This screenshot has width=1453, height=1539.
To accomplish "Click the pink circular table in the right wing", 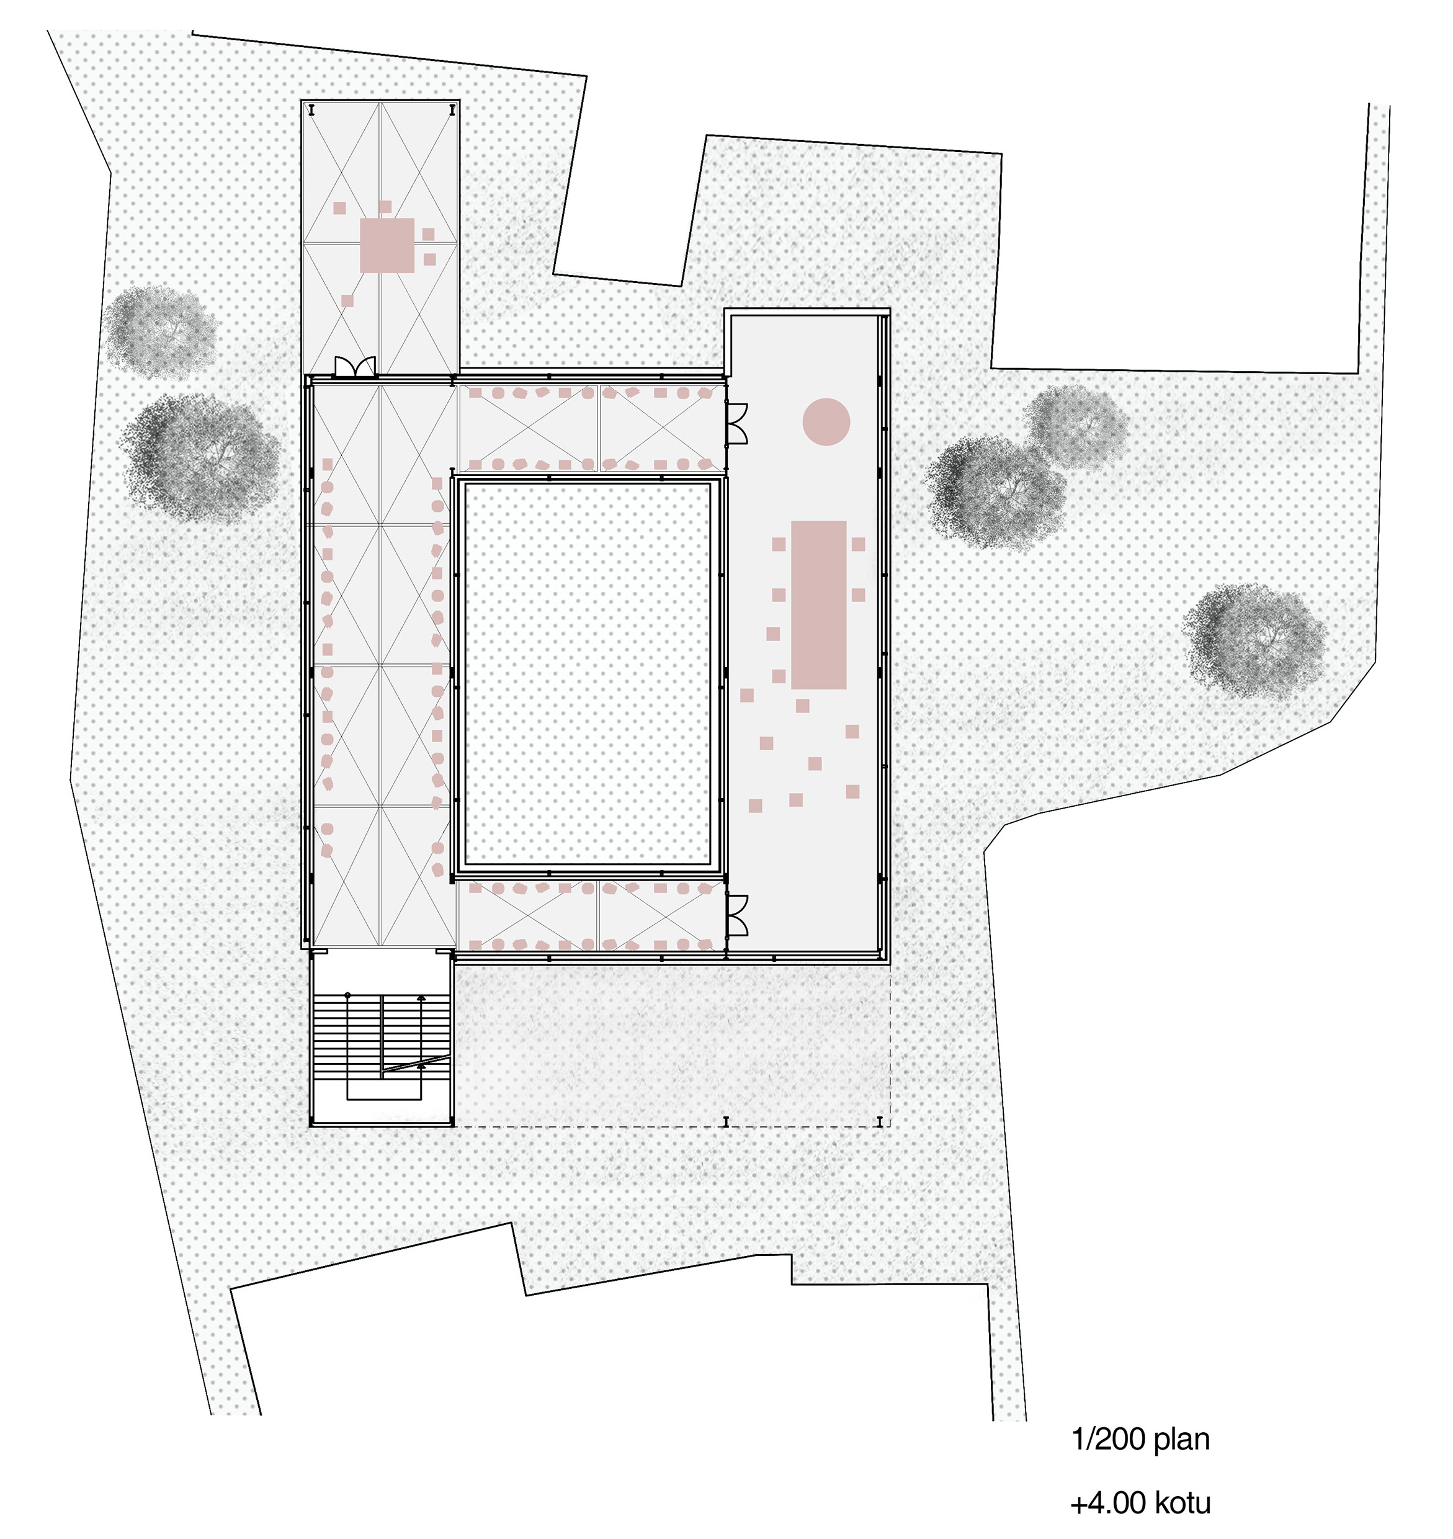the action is [x=826, y=421].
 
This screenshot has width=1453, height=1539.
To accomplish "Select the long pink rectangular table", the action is [x=819, y=605].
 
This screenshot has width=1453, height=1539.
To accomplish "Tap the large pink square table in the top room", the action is [x=387, y=245].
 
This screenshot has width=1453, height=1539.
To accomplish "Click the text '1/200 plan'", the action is [x=1140, y=1439].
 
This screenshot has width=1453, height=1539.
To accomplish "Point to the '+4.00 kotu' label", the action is [x=1140, y=1502].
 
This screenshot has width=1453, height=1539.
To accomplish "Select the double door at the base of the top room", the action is [x=355, y=366].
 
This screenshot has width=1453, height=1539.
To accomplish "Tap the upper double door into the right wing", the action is [x=736, y=424].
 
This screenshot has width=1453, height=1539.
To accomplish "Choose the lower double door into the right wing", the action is [x=736, y=914].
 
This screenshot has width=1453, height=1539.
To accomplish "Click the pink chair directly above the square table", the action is [x=386, y=207].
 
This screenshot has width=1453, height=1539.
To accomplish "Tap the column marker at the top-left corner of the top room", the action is [x=311, y=110].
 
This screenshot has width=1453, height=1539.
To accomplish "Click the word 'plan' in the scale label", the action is [x=1182, y=1440].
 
